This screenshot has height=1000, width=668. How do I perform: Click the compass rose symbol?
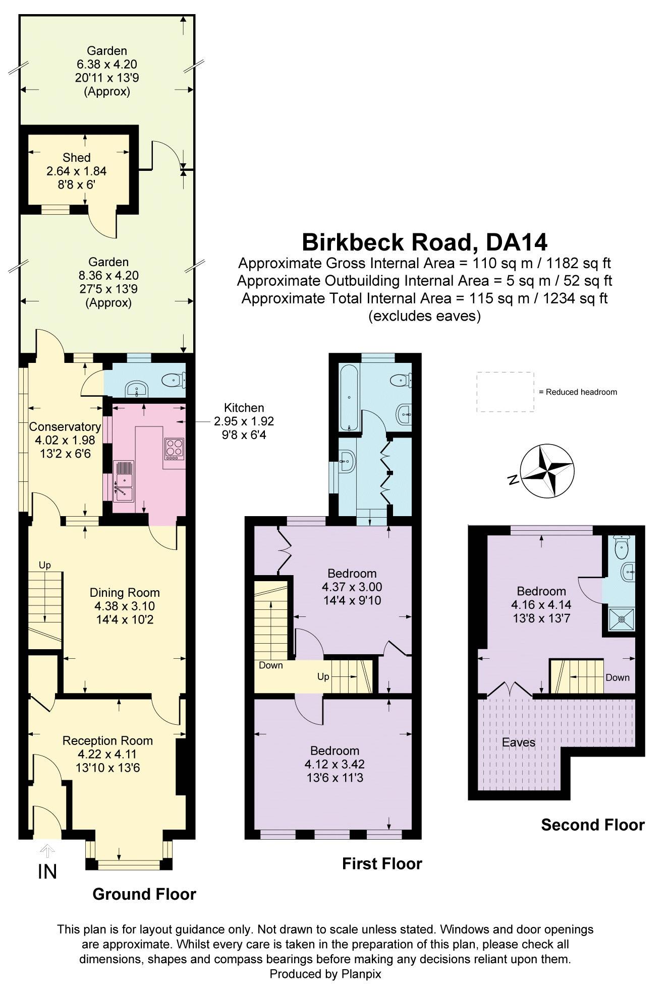point(547,470)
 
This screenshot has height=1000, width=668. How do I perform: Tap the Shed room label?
point(77,158)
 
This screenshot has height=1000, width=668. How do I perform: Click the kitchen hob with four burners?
point(174,448)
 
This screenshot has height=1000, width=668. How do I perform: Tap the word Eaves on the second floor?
point(518,742)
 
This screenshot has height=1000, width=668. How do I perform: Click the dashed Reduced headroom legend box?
point(505,392)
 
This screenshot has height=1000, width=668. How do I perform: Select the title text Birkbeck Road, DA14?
point(424,242)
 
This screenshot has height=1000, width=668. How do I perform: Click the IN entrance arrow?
point(47,851)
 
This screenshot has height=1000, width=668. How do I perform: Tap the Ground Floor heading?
point(144,894)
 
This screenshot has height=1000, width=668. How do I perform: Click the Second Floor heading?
point(592,825)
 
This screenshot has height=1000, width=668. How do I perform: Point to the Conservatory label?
point(65,426)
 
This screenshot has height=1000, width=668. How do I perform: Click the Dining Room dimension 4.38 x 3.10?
point(124,606)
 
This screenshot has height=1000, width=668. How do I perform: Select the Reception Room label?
point(107,740)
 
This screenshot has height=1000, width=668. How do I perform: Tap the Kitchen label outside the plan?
point(244,408)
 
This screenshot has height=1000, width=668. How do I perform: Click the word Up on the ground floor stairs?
point(45,565)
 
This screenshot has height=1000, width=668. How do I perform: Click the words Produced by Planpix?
point(325,974)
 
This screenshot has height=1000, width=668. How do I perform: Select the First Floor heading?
point(382,863)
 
